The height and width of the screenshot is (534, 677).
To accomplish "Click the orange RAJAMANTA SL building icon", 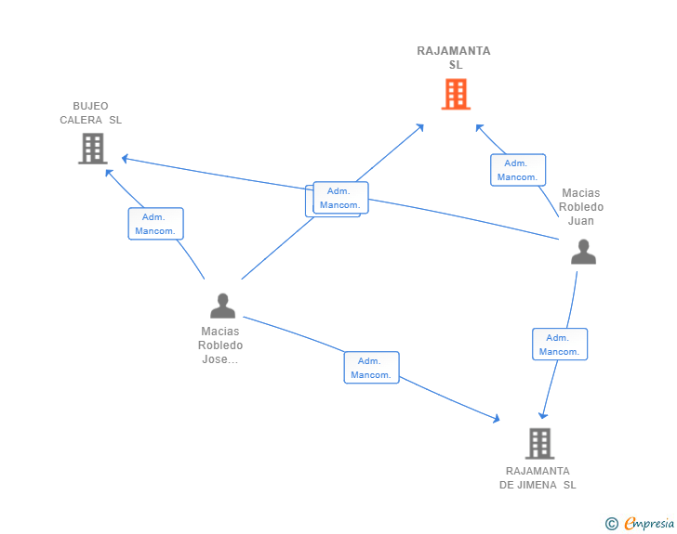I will [x=455, y=94].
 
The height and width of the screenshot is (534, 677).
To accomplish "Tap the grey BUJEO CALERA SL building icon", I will [x=92, y=148].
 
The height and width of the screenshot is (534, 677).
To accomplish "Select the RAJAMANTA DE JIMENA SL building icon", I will [x=539, y=443].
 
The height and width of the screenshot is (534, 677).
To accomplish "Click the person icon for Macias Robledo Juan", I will [x=583, y=252].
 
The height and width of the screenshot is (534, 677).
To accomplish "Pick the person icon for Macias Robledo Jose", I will [x=222, y=306].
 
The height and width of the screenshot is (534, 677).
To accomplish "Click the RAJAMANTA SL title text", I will [x=454, y=58].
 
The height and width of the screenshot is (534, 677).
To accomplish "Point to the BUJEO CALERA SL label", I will [x=90, y=113].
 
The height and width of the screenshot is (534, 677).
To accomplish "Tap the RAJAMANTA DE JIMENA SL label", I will [x=538, y=477].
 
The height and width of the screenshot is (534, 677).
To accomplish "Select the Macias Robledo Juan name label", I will [x=581, y=207].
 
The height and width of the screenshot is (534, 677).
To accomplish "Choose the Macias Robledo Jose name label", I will [x=220, y=345].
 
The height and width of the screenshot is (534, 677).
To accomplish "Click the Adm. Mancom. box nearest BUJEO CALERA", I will [x=155, y=224].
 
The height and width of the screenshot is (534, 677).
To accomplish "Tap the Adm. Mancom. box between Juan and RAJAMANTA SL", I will [x=518, y=170].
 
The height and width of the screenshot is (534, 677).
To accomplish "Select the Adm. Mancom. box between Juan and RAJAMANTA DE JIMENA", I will [x=559, y=345].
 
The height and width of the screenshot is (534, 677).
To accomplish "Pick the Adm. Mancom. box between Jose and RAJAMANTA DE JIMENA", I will [x=371, y=368].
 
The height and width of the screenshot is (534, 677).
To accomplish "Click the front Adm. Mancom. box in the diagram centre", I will [x=340, y=198].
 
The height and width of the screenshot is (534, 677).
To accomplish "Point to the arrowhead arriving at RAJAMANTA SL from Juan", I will [x=478, y=126].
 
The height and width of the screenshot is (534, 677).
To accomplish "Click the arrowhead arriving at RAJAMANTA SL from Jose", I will [x=422, y=125].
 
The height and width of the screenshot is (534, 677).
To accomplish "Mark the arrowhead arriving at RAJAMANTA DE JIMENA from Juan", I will [x=543, y=415].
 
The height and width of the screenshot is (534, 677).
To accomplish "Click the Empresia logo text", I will [x=649, y=524].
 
